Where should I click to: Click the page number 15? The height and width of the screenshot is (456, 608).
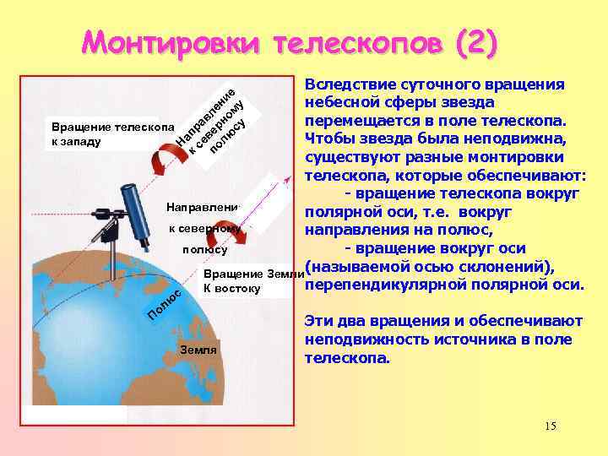point(551,426)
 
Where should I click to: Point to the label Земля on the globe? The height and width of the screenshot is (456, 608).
point(198,350)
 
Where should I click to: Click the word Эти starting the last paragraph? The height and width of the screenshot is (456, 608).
point(319,322)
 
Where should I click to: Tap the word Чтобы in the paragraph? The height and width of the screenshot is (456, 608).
point(328,137)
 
